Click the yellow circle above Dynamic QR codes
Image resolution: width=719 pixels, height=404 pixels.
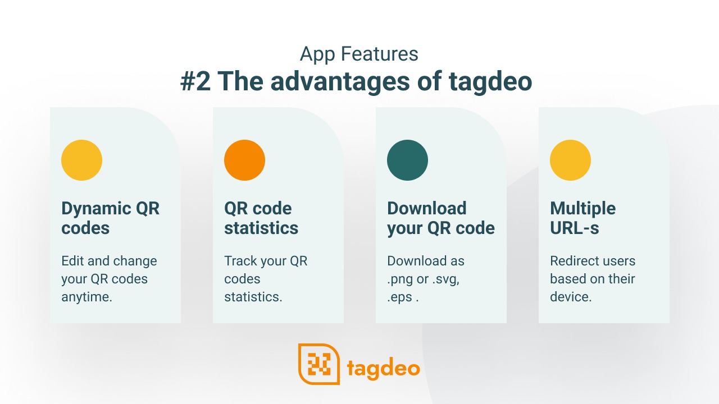click(81, 160)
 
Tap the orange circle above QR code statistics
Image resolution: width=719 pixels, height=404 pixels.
click(244, 160)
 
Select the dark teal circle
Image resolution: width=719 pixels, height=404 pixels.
click(407, 160)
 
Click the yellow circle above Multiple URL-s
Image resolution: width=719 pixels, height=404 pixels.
click(570, 160)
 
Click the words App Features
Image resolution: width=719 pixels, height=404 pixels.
click(359, 54)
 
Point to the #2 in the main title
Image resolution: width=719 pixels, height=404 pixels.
click(195, 81)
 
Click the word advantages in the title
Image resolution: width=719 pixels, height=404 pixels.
click(340, 81)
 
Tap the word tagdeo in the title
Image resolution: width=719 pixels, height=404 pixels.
click(490, 82)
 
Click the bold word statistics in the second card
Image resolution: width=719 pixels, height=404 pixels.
click(261, 228)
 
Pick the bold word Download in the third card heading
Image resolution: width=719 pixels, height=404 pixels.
click(427, 208)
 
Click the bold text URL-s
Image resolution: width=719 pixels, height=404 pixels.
click(575, 228)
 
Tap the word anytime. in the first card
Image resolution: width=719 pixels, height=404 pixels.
click(87, 297)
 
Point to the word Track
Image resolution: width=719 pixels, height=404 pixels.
click(240, 261)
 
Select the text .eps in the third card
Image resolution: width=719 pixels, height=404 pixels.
click(399, 297)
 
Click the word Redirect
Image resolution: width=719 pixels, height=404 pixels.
click(570, 261)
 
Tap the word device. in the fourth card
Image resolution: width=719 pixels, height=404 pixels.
click(571, 297)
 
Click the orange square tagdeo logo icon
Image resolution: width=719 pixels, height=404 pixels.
click(319, 364)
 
